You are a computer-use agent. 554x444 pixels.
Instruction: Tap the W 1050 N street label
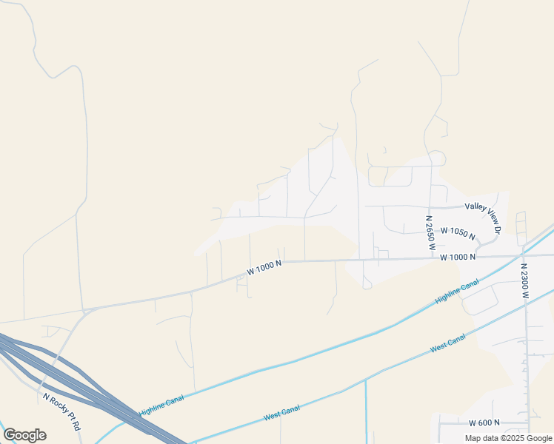tap(457, 232)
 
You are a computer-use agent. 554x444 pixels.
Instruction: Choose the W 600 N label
tap(484, 423)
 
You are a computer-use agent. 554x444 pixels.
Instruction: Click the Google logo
tap(24, 435)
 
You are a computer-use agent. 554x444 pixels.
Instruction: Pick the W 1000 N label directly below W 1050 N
tap(457, 257)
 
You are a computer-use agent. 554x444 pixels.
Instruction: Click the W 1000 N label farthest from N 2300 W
tap(264, 269)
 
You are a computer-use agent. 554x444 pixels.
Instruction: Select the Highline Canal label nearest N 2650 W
tap(458, 292)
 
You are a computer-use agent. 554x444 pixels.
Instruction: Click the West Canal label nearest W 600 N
tap(447, 343)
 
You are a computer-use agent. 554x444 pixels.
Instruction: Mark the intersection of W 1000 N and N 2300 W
tap(524, 255)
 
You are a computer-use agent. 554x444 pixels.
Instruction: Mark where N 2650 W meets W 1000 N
tap(432, 258)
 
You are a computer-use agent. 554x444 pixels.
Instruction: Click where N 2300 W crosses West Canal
tap(527, 309)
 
